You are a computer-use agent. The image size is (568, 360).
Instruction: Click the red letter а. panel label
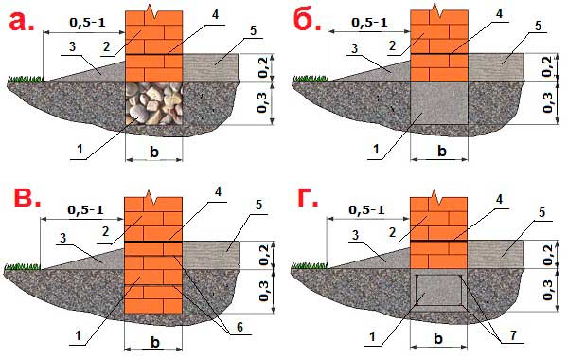pyautogui.click(x=22, y=21)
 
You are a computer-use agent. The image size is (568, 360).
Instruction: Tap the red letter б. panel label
pyautogui.click(x=307, y=21)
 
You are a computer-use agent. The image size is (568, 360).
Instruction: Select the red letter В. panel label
pyautogui.click(x=27, y=198)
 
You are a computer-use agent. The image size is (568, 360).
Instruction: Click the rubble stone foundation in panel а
pyautogui.click(x=153, y=103)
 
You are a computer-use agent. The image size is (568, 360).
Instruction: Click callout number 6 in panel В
pyautogui.click(x=240, y=327)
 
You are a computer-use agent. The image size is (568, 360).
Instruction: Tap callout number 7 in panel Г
pyautogui.click(x=513, y=335)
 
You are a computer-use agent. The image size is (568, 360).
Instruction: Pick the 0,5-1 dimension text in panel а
pyautogui.click(x=87, y=23)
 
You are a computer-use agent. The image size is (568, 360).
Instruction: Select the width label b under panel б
pyautogui.click(x=442, y=151)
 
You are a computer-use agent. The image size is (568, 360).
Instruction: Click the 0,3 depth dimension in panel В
pyautogui.click(x=264, y=291)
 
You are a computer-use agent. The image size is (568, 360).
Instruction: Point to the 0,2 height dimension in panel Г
pyautogui.click(x=548, y=255)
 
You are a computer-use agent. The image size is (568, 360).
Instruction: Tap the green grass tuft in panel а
pyautogui.click(x=25, y=79)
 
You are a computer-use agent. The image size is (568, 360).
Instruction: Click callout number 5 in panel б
pyautogui.click(x=539, y=27)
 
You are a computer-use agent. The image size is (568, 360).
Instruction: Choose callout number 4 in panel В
pyautogui.click(x=218, y=192)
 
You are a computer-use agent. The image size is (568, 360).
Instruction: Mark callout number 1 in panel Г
pyautogui.click(x=372, y=337)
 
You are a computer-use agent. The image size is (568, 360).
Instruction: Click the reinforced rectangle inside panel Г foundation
pyautogui.click(x=438, y=290)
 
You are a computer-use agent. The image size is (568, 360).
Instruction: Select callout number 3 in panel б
pyautogui.click(x=355, y=48)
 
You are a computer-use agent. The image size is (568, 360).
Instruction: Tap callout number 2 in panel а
pyautogui.click(x=106, y=46)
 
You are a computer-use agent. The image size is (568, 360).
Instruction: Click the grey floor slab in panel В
pyautogui.click(x=211, y=255)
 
